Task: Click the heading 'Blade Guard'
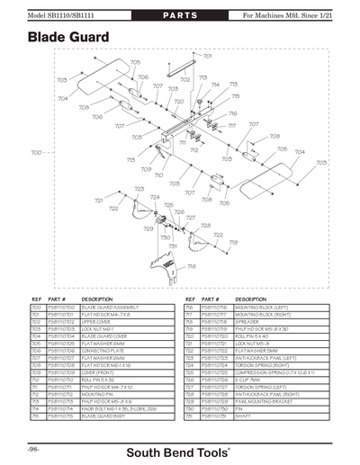click(68, 37)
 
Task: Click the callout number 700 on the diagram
click(37, 153)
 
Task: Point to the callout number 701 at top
click(207, 56)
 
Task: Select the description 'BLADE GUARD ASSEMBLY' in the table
click(106, 308)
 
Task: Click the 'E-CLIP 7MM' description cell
click(247, 380)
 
